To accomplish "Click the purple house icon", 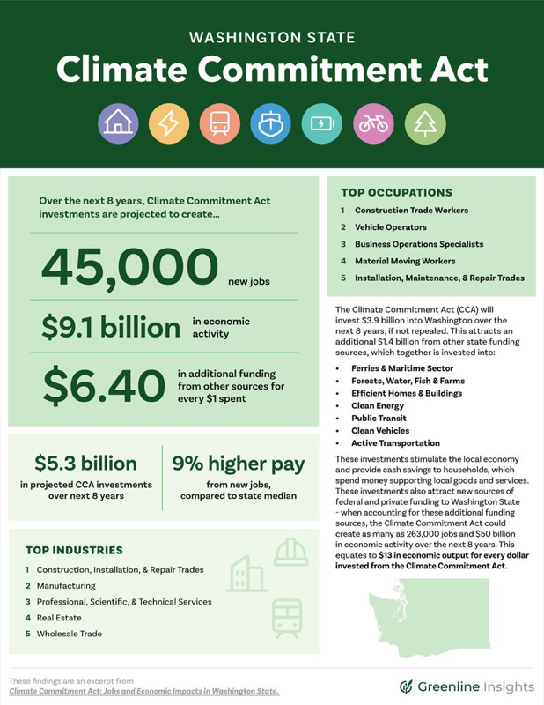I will (x=116, y=124).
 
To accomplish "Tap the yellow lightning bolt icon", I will (x=167, y=124).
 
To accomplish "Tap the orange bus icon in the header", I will (x=218, y=124).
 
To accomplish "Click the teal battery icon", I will (x=321, y=124).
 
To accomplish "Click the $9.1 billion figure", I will (x=111, y=327).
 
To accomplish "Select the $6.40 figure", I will (x=103, y=384).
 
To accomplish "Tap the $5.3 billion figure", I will (x=86, y=463).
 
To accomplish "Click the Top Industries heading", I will (x=74, y=550).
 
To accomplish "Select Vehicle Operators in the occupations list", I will (x=391, y=227).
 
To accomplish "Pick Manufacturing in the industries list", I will (x=66, y=586).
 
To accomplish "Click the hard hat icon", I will (x=290, y=553).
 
